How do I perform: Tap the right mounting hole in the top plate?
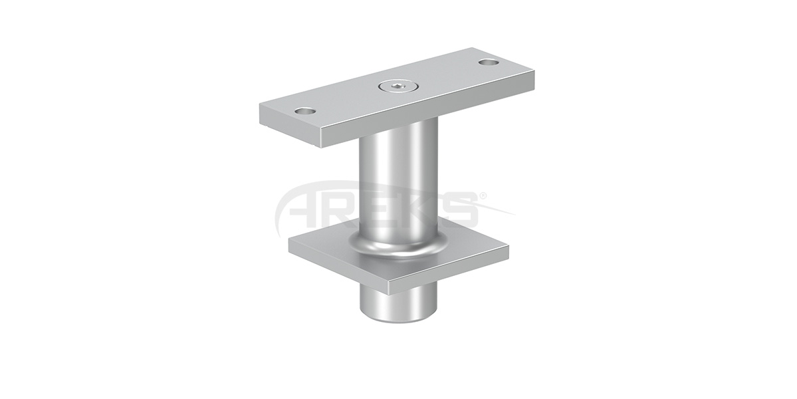point(488,63)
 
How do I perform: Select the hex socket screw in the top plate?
point(396,86)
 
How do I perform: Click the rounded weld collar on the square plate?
point(398,247)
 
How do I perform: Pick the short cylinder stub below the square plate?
point(398,303)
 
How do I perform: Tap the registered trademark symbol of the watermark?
point(483,196)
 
